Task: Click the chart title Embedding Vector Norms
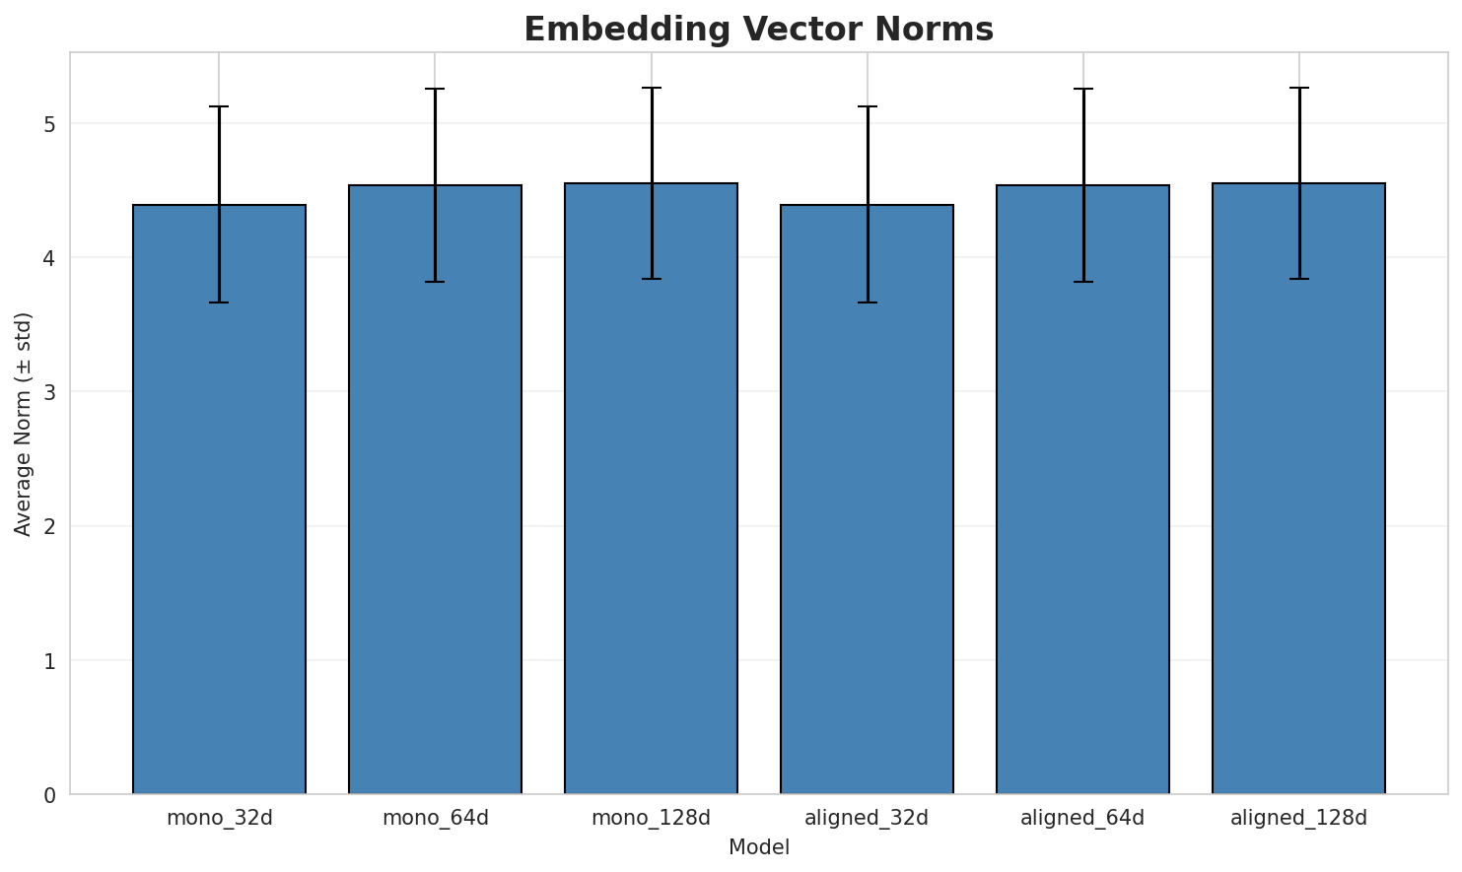coord(758,30)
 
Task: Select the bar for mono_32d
coord(219,500)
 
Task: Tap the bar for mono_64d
coord(435,490)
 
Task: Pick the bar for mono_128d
coord(651,489)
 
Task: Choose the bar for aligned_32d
coord(867,500)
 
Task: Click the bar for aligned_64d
coord(1082,490)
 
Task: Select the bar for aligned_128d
coord(1298,489)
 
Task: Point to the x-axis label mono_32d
coord(219,818)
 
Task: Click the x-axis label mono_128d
coord(651,818)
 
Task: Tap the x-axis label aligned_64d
coord(1082,818)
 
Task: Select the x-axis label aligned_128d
coord(1298,818)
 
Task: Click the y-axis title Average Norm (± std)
coord(24,424)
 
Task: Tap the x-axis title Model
coord(758,847)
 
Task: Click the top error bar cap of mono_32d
coord(219,106)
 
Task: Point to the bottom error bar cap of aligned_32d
coord(867,302)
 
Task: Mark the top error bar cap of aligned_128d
coord(1298,88)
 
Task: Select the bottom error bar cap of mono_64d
coord(435,282)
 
